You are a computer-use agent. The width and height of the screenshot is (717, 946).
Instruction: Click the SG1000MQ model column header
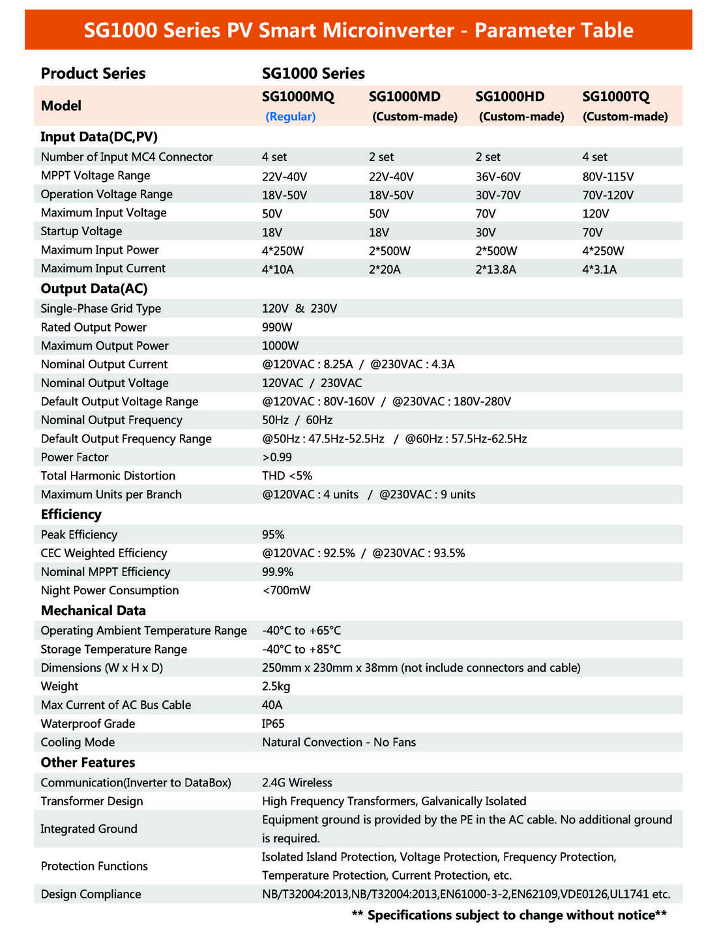coord(298,96)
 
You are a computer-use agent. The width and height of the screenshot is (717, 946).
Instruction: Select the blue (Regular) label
coord(290,117)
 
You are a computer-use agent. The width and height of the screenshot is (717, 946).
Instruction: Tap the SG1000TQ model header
coord(615,96)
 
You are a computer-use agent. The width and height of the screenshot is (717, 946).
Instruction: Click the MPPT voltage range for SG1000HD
coord(498,177)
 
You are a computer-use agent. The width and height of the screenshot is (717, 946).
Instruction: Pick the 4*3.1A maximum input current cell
coord(599,269)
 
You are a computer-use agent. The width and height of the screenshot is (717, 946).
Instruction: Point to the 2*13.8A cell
coord(495,269)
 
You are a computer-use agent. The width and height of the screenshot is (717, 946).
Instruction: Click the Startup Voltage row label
coord(81,231)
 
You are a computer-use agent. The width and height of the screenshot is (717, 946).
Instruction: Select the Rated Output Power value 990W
coord(277,327)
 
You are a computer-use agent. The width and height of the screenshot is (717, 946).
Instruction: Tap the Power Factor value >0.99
coord(277,457)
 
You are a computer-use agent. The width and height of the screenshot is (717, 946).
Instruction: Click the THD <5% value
coord(287,476)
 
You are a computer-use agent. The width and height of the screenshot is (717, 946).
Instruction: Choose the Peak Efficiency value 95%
coord(273,534)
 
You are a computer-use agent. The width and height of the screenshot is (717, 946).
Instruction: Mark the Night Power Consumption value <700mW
coord(286,590)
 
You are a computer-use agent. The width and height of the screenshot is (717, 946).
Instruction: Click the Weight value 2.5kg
coord(276,686)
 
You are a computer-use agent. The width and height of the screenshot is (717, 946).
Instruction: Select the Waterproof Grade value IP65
coord(273,724)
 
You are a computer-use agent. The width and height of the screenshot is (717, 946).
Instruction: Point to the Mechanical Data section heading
coord(93,610)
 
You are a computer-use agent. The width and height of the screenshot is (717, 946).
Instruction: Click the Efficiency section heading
coord(71,515)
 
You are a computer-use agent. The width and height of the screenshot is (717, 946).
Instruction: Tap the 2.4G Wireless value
coord(297,782)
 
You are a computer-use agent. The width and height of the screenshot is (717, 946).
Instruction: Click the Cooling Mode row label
coord(78,742)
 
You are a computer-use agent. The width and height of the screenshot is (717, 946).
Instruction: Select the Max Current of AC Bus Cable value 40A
coord(272,705)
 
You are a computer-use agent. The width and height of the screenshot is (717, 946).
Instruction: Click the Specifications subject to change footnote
coord(508,915)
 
